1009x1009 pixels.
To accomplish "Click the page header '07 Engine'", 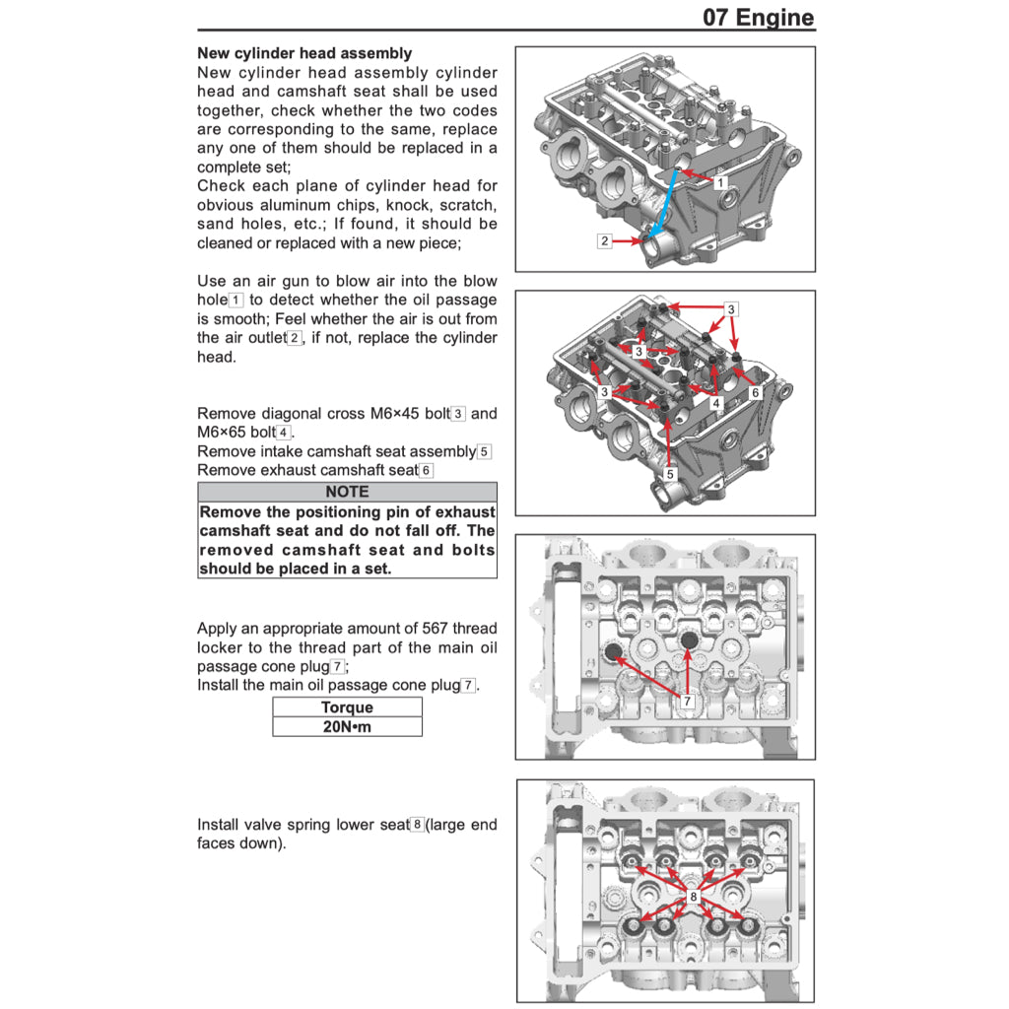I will pos(758,17).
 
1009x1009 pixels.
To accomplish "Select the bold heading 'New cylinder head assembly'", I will pos(304,53).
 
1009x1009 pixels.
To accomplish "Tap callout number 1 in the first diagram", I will pos(720,183).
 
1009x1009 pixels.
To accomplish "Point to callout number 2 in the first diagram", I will pos(605,240).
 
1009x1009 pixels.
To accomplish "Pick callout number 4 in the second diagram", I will pos(716,403).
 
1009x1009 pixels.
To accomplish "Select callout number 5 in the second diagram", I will pos(670,474).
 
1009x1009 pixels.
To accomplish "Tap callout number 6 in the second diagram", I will pos(755,392).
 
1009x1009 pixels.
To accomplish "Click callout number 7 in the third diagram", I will pos(687,700).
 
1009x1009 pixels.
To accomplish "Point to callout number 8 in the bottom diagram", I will pos(694,898).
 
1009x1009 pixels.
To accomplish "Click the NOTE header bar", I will pos(347,492).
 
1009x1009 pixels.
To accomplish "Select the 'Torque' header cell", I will pos(347,707).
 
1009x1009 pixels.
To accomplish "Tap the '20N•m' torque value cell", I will pos(347,727).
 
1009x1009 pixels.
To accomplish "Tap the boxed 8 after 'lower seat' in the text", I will pos(418,825).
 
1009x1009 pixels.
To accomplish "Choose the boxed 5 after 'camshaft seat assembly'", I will pos(484,452).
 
